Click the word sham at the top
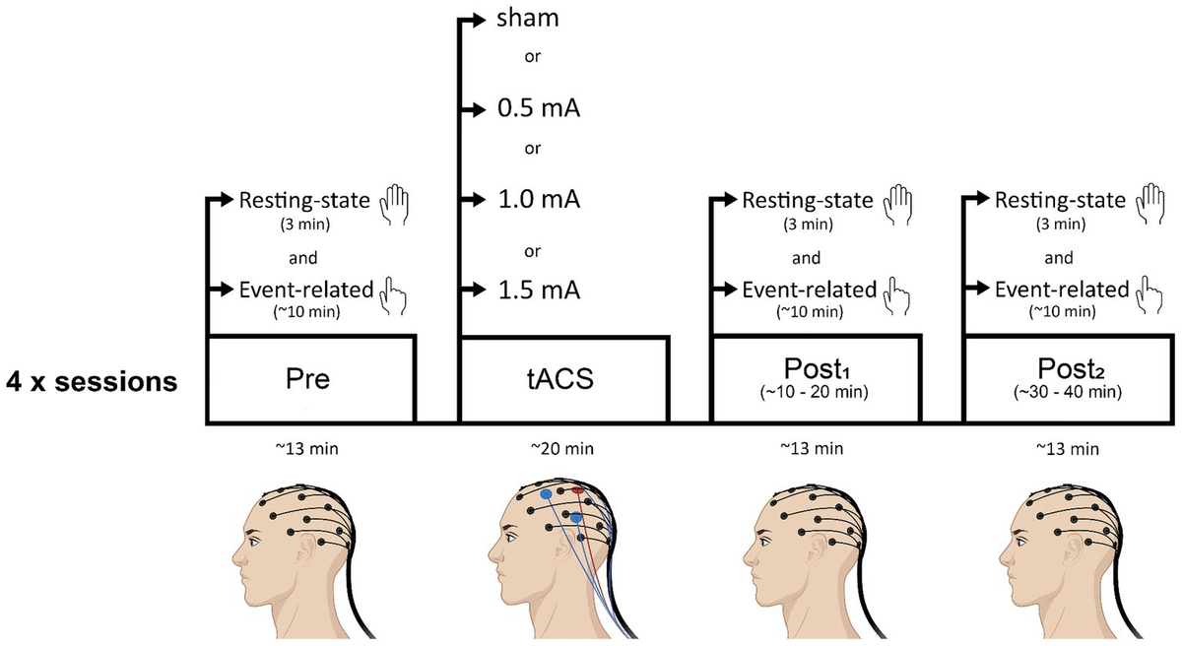pos(527,19)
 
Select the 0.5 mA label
pos(539,108)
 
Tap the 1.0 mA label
pos(539,199)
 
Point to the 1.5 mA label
pos(539,291)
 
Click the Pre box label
pos(307,378)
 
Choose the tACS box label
pos(559,378)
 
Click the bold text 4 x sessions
pos(92,381)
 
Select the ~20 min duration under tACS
pos(562,449)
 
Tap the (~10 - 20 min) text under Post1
pos(815,392)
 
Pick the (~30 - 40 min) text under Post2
pos(1068,392)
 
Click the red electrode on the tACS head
pos(577,490)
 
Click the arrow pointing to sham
pos(472,20)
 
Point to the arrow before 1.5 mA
pos(473,290)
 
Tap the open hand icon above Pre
pos(394,205)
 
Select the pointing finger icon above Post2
pos(1149,295)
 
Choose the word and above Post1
pos(806,258)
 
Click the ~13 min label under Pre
pos(307,449)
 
